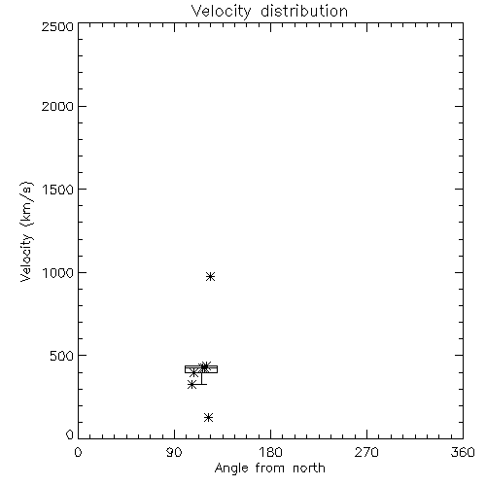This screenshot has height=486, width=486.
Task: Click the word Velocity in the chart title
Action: [221, 12]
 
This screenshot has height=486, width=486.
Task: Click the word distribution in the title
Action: [304, 11]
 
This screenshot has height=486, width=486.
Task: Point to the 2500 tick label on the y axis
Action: [57, 26]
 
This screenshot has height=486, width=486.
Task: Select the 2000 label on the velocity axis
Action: [57, 106]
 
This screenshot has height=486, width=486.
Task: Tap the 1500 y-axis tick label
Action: [58, 190]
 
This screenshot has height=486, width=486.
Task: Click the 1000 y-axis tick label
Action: [58, 272]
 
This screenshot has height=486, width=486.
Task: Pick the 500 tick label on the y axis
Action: [62, 356]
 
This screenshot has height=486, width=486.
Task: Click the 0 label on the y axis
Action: [70, 434]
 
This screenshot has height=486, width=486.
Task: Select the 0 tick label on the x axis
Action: [78, 452]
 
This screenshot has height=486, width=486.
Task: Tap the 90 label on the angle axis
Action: [174, 452]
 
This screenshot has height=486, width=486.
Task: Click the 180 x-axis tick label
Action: [270, 452]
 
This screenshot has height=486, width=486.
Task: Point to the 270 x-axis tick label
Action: [366, 452]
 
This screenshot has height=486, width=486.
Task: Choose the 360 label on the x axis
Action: [463, 452]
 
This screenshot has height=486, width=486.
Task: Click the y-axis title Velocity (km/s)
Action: [26, 231]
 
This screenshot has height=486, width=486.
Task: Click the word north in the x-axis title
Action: [309, 469]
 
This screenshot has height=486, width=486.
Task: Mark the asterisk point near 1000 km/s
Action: [210, 276]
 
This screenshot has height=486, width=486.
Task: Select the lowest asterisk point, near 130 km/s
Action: [209, 417]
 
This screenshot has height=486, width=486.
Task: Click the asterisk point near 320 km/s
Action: [192, 385]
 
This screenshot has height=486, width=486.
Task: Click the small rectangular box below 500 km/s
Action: [201, 365]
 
